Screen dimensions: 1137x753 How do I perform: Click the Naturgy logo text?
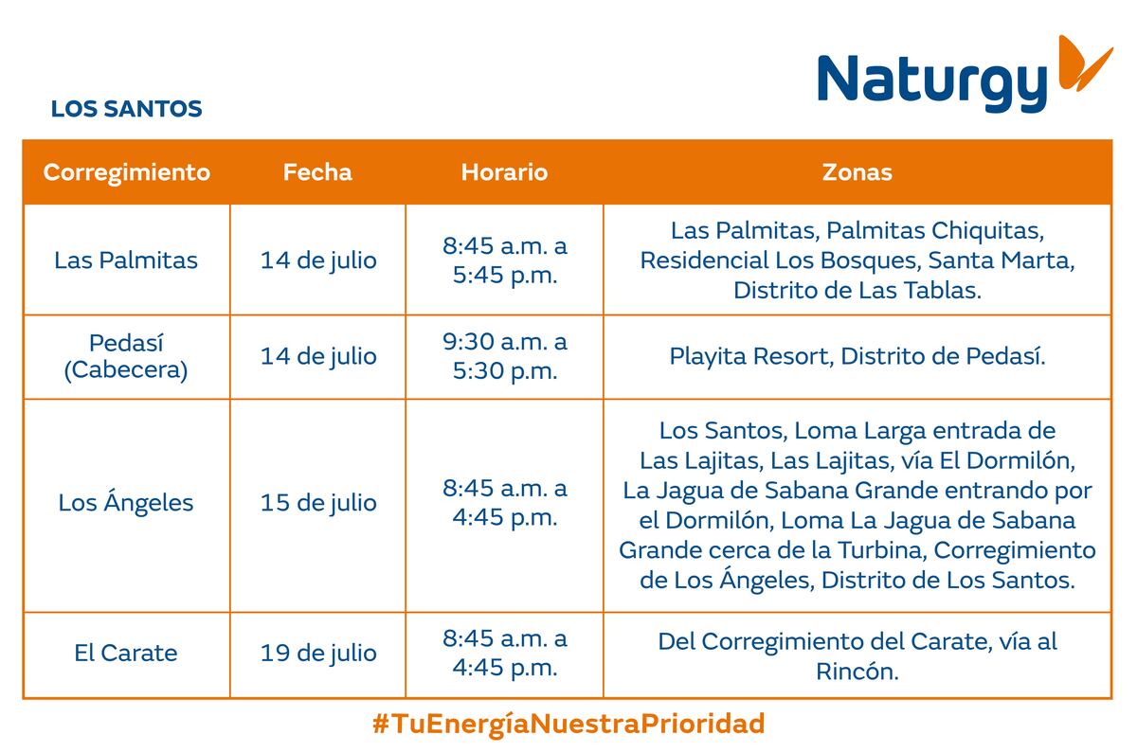[x=932, y=82]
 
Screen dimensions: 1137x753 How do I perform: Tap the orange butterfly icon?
[x=1085, y=63]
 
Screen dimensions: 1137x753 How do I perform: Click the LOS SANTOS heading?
[x=126, y=109]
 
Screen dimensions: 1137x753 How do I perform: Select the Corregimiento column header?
[x=126, y=172]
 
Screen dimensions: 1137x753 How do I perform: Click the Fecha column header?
[x=317, y=172]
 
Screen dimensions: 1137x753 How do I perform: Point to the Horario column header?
[x=504, y=172]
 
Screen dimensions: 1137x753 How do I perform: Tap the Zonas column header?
[x=857, y=172]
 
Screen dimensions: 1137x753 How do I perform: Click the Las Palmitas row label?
[x=126, y=260]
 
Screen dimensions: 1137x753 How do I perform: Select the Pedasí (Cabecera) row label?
[x=126, y=356]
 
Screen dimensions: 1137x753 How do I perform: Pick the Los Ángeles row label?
[x=126, y=501]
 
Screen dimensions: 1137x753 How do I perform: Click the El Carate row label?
[x=126, y=653]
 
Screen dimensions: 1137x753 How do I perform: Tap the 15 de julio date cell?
[x=318, y=503]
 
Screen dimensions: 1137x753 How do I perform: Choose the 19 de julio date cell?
[x=318, y=654]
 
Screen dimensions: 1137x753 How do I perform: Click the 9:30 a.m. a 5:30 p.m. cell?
[x=504, y=356]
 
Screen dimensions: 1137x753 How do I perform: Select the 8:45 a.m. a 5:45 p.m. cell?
[x=504, y=260]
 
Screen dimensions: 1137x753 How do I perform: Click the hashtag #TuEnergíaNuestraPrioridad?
[x=568, y=724]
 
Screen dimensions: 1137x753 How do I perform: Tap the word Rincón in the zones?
[x=857, y=672]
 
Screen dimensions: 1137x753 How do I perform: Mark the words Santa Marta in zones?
[x=1002, y=260]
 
